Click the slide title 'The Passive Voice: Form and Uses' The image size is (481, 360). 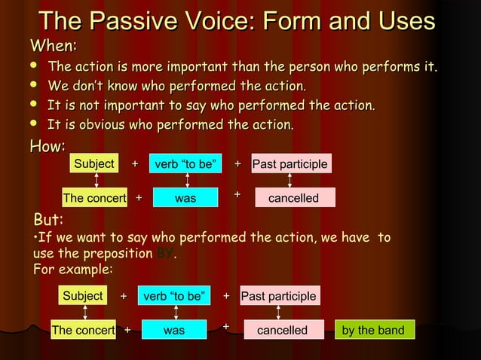tap(237, 20)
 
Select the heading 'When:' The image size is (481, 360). tap(53, 46)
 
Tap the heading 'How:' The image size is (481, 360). tap(47, 145)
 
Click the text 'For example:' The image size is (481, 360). tap(74, 269)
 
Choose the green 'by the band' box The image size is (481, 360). tap(373, 330)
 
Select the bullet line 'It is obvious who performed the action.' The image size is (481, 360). tap(170, 124)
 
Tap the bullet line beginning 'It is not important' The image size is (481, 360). tap(211, 105)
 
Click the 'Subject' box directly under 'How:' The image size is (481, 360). tap(94, 164)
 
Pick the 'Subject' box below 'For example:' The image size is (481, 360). tap(83, 296)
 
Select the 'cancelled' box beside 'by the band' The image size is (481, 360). tap(283, 330)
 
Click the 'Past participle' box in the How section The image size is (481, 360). tap(290, 164)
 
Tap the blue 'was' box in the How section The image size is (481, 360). tap(185, 198)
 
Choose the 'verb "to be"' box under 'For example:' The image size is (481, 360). tap(175, 296)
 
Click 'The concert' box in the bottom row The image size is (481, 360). tap(83, 330)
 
